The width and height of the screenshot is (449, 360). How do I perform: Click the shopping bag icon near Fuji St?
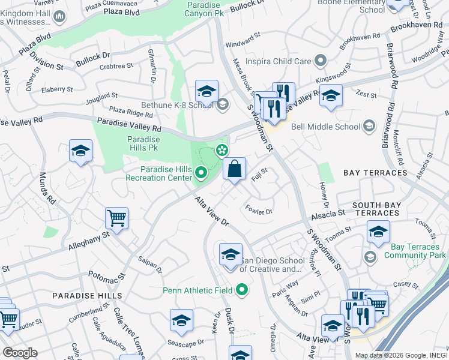click(234, 169)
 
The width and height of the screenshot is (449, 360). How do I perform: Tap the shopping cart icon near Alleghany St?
click(116, 218)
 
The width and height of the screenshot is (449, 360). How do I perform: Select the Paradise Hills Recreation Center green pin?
click(201, 173)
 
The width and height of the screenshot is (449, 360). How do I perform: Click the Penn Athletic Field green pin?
click(242, 291)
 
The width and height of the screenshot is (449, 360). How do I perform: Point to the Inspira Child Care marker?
click(320, 61)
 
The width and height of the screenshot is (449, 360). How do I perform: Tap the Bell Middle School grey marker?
click(369, 126)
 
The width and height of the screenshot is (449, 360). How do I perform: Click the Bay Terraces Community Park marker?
click(370, 257)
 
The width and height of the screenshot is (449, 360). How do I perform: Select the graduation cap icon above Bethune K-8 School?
click(206, 91)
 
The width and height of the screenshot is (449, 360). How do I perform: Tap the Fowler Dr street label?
click(259, 210)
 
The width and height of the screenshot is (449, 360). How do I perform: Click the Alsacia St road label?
click(327, 212)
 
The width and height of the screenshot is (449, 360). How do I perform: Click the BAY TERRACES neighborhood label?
click(375, 173)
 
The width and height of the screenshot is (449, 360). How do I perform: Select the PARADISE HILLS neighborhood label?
click(86, 296)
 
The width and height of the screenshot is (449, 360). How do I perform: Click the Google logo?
click(20, 353)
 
